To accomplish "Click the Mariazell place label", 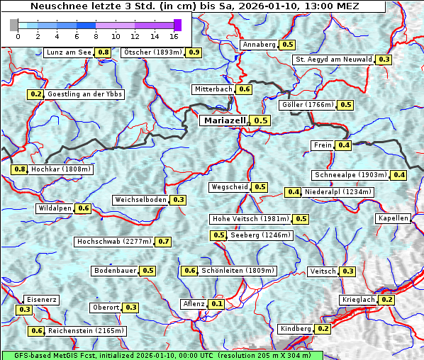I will [x=223, y=120].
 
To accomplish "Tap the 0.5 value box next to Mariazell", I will [x=261, y=120].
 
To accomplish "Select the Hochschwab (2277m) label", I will [x=114, y=242].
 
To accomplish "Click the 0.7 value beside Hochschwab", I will [x=164, y=242].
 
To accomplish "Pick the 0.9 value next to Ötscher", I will [x=194, y=52].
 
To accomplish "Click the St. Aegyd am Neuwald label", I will [x=333, y=60].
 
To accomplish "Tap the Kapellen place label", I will [x=394, y=218].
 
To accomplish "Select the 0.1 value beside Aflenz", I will [x=217, y=304].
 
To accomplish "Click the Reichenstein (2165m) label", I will [x=87, y=331].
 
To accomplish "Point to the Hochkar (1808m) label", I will [x=61, y=169].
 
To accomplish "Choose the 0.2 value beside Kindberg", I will [x=323, y=329].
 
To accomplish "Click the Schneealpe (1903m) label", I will [x=350, y=175].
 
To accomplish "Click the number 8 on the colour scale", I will [x=96, y=35].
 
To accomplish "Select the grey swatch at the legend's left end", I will [x=14, y=25].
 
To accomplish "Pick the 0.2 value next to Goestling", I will [x=35, y=94].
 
